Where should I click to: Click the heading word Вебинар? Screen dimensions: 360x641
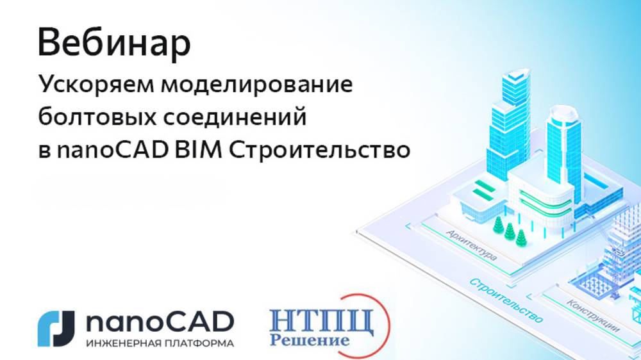tap(114, 43)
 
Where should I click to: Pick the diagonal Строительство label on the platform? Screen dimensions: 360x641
tap(506, 300)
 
